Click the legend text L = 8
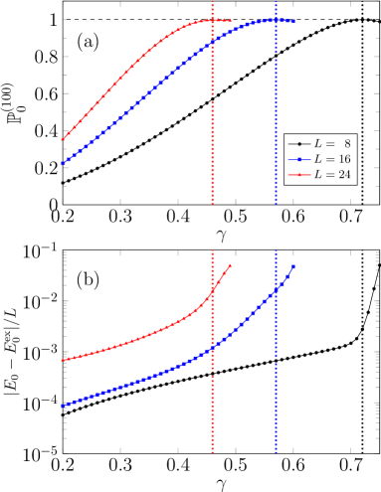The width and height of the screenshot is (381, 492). click(x=333, y=144)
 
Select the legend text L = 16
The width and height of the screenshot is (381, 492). click(x=333, y=159)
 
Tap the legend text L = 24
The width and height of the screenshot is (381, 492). click(x=333, y=174)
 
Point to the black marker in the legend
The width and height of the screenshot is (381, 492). click(x=298, y=144)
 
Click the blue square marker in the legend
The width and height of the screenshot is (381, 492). click(x=298, y=159)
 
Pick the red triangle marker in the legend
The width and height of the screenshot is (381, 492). click(x=298, y=174)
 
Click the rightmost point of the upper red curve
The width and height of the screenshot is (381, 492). click(x=231, y=20)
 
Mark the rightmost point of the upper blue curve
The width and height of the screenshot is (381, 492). click(x=292, y=21)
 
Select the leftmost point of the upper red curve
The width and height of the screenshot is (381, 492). click(x=63, y=139)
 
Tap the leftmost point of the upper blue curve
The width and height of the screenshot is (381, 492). click(x=63, y=163)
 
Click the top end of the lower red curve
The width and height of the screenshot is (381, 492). click(x=231, y=265)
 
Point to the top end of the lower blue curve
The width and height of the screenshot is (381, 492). click(x=292, y=267)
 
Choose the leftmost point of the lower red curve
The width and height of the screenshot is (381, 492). click(x=63, y=360)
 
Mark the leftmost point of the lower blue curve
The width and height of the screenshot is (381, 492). click(x=63, y=405)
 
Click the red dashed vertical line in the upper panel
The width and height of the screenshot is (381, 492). click(x=212, y=119)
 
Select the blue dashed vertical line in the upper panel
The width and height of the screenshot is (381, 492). click(x=277, y=119)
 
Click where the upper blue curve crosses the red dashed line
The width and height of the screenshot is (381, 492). click(x=212, y=45)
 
